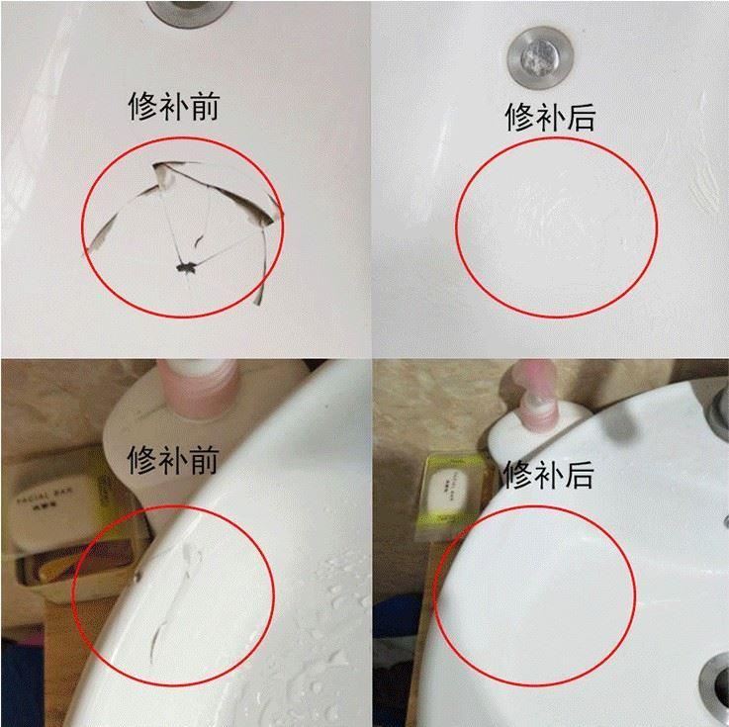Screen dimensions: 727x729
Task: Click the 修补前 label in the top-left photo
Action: [x=173, y=106]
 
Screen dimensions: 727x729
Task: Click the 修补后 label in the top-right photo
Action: [x=549, y=118]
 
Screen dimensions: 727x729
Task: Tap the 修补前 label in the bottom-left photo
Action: [x=173, y=459]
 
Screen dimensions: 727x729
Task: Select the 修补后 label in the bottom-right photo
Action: [x=549, y=476]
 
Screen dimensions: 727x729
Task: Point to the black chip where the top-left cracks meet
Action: [x=185, y=265]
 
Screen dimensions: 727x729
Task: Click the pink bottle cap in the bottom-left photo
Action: [x=201, y=381]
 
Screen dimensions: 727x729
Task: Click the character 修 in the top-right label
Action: [x=519, y=118]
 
